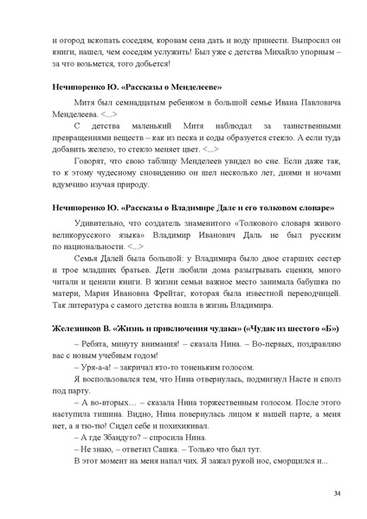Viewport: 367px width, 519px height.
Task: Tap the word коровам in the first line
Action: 176,38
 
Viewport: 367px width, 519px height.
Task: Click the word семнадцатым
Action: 119,102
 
